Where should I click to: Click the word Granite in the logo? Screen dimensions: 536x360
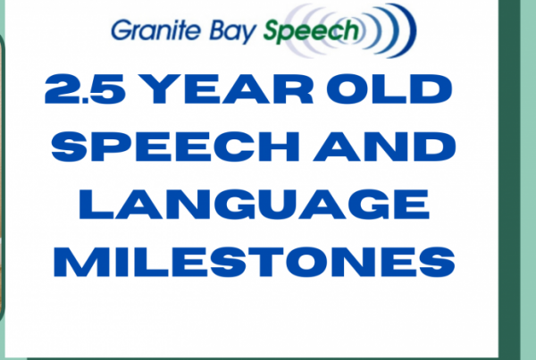[155, 30]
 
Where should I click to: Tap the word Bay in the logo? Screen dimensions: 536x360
[233, 31]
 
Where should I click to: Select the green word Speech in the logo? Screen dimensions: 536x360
[311, 31]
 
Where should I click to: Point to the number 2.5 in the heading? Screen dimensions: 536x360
[85, 88]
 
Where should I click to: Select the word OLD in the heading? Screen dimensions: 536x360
[389, 88]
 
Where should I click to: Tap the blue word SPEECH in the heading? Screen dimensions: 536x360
[175, 147]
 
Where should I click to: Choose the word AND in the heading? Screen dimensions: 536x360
[384, 147]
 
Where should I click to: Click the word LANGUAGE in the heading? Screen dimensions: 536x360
[255, 204]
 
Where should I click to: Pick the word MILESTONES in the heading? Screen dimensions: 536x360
[255, 262]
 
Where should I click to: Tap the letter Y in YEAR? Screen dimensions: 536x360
[161, 88]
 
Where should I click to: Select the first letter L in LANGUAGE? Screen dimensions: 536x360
[96, 204]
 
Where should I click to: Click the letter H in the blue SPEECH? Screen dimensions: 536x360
[280, 147]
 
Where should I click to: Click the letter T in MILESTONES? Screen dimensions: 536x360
[265, 262]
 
